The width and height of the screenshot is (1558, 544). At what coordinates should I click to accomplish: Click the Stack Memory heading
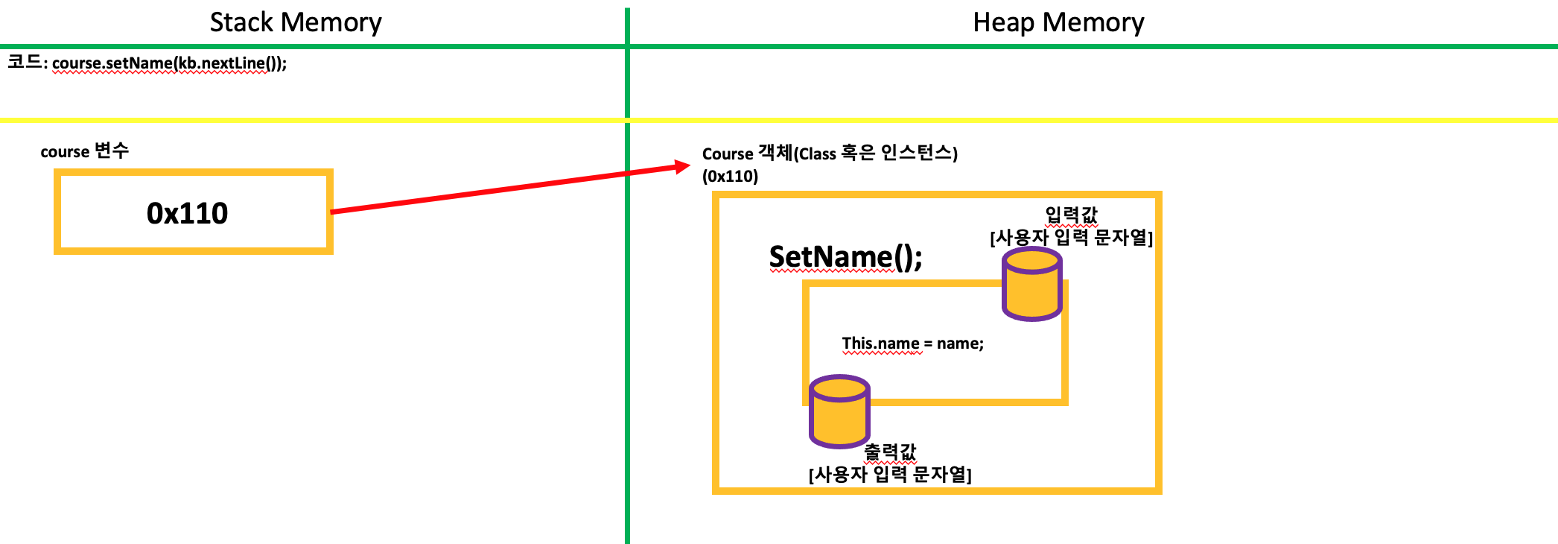coord(296,22)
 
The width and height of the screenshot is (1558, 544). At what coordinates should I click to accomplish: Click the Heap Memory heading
coord(1058,22)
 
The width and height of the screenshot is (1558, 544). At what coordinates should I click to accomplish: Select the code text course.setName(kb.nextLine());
coord(169,63)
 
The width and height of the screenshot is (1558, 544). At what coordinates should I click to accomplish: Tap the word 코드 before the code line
coord(25,62)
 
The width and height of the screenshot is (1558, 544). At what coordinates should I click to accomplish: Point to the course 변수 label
coord(84,151)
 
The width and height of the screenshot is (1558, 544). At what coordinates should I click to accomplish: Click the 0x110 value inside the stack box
coord(187,214)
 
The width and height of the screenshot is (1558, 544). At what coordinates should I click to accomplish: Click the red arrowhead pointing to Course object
coord(681,166)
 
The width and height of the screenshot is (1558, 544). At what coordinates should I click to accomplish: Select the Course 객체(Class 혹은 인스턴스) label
coord(830,154)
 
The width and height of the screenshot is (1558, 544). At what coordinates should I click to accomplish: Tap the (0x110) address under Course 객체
coord(730,177)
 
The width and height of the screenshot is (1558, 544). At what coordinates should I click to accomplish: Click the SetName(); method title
coord(845,257)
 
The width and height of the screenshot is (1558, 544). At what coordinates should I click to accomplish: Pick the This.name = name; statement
coord(912,344)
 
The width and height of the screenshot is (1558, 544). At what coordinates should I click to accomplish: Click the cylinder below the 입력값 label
coord(1031,284)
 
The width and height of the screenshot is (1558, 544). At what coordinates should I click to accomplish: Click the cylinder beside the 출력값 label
coord(839,411)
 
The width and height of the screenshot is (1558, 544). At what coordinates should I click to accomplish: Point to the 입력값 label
coord(1071,215)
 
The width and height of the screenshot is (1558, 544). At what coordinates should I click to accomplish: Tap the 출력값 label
coord(890,452)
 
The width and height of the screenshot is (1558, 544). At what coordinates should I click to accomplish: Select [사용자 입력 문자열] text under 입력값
coord(1071,238)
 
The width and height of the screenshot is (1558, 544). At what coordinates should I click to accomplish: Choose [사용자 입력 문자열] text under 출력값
coord(890,475)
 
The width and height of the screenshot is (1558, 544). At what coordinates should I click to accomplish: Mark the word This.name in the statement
coord(880,344)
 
